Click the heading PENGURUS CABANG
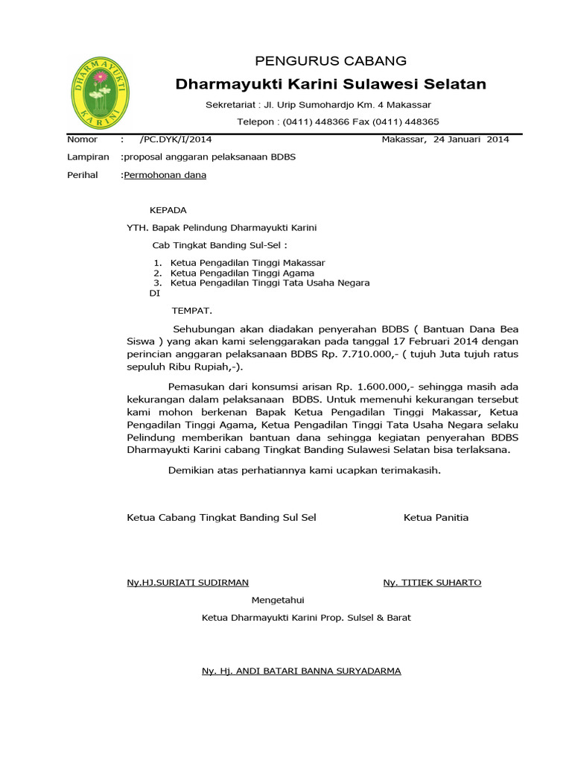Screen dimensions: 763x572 pos(331,60)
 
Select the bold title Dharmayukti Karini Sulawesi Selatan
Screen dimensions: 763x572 pos(331,84)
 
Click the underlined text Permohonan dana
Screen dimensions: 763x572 pos(165,175)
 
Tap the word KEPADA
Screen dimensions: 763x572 pos(168,210)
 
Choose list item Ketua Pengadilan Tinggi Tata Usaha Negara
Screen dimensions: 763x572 pos(270,283)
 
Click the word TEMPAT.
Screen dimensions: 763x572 pos(192,310)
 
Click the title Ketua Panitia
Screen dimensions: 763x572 pos(436,517)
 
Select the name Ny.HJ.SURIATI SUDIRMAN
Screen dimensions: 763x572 pos(188,583)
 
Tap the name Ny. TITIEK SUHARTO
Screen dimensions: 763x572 pos(432,583)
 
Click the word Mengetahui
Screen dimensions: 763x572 pos(278,600)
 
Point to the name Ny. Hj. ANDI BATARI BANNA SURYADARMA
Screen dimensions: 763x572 pos(301,671)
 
